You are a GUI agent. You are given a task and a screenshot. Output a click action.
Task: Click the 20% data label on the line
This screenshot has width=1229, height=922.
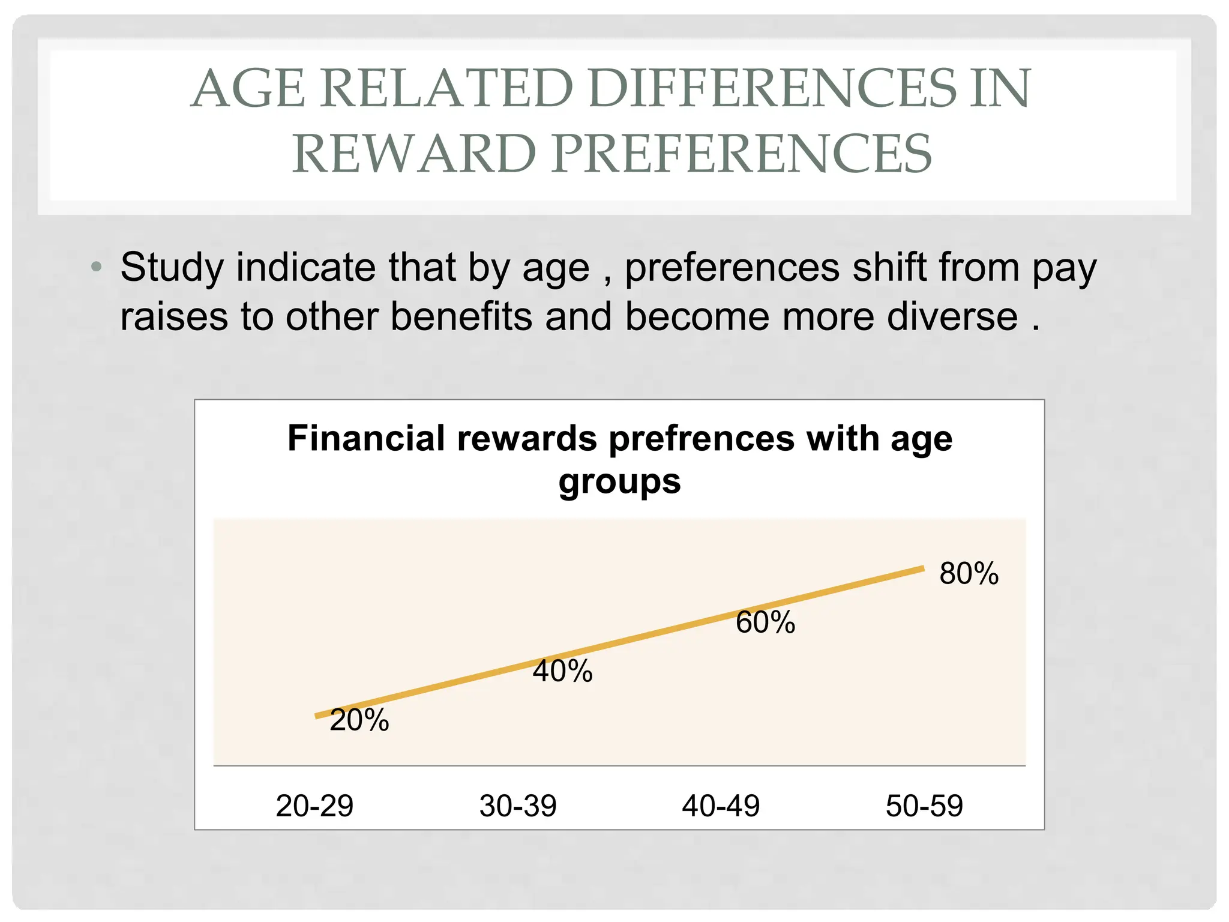(x=359, y=720)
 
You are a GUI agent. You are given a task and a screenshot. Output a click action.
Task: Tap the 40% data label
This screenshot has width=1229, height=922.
(x=562, y=671)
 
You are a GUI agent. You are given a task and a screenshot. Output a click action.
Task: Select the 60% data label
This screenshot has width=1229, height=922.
(x=765, y=622)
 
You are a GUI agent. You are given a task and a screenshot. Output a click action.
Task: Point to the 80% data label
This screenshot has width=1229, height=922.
(x=969, y=573)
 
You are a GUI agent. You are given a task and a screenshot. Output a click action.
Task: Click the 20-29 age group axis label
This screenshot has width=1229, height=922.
(x=314, y=806)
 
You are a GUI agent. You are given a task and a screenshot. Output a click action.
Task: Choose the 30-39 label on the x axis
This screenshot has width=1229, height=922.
(x=518, y=806)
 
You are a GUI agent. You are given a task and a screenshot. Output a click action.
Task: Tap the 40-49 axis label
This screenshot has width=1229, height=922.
(x=721, y=806)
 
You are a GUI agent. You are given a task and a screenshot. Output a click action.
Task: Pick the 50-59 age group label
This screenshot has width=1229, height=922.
(x=924, y=806)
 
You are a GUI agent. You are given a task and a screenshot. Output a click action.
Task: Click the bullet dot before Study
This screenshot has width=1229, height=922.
(x=96, y=266)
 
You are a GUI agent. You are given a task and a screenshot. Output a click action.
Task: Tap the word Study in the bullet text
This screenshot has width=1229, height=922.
(x=172, y=268)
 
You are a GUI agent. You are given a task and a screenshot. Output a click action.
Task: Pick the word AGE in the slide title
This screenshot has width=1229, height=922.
(x=248, y=89)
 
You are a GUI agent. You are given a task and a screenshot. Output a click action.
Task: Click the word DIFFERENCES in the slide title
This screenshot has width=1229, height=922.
(x=772, y=89)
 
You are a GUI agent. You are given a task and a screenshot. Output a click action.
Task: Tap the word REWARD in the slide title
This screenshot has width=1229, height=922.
(x=414, y=154)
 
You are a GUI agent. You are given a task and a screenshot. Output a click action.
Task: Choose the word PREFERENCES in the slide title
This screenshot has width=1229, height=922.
(x=741, y=154)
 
